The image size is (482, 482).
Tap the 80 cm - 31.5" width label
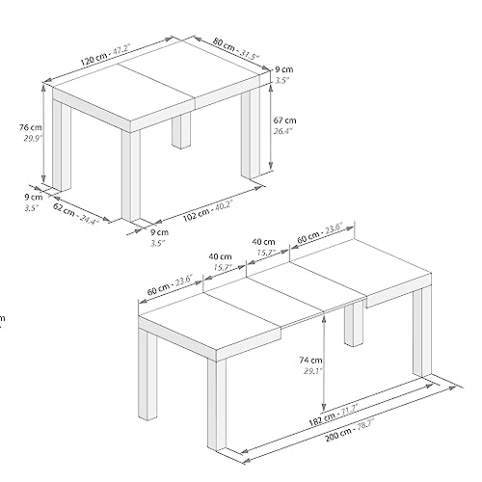236,49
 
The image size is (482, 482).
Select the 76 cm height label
31,127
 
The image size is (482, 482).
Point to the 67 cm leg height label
284,120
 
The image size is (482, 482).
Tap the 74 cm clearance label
310,361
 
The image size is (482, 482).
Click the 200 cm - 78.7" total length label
349,431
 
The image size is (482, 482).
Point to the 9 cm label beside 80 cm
284,69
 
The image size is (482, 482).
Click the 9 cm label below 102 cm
159,232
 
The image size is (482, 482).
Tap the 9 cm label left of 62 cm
34,197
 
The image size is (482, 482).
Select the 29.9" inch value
32,139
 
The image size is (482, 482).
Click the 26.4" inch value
282,131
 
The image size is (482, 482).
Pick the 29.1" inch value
313,371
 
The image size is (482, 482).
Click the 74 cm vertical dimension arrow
324,362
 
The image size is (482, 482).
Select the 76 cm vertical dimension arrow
44,133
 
